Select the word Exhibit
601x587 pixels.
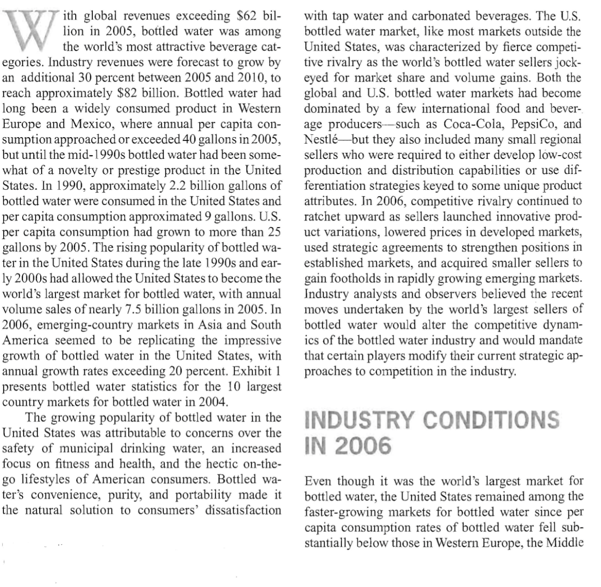[x=251, y=371]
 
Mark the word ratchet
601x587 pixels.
[x=320, y=217]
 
